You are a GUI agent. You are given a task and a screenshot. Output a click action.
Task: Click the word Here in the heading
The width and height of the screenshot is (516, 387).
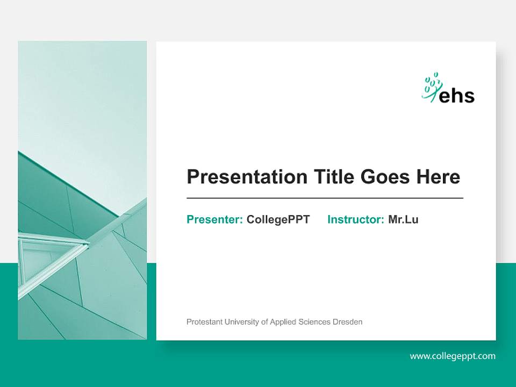[438, 177]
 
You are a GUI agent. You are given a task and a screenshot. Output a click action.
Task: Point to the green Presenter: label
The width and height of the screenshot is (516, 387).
[214, 219]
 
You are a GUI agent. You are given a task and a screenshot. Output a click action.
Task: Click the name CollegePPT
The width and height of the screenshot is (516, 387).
[278, 219]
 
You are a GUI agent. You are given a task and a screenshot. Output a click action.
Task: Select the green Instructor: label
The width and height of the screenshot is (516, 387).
[355, 219]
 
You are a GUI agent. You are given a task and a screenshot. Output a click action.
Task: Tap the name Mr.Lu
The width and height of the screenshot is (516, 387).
[403, 219]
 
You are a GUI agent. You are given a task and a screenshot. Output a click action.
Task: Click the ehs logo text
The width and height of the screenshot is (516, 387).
[457, 95]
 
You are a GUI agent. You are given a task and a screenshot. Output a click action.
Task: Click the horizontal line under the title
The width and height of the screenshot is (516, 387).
[325, 198]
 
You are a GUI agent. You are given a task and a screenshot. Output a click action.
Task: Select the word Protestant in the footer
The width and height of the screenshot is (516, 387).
[203, 322]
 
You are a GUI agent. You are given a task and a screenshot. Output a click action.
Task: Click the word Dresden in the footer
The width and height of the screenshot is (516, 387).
[348, 322]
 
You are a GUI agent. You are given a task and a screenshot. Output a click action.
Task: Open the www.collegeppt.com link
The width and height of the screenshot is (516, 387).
[453, 356]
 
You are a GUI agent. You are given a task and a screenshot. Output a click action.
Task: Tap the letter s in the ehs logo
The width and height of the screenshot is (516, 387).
[469, 96]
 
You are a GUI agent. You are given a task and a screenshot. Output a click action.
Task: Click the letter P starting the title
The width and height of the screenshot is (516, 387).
[192, 177]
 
